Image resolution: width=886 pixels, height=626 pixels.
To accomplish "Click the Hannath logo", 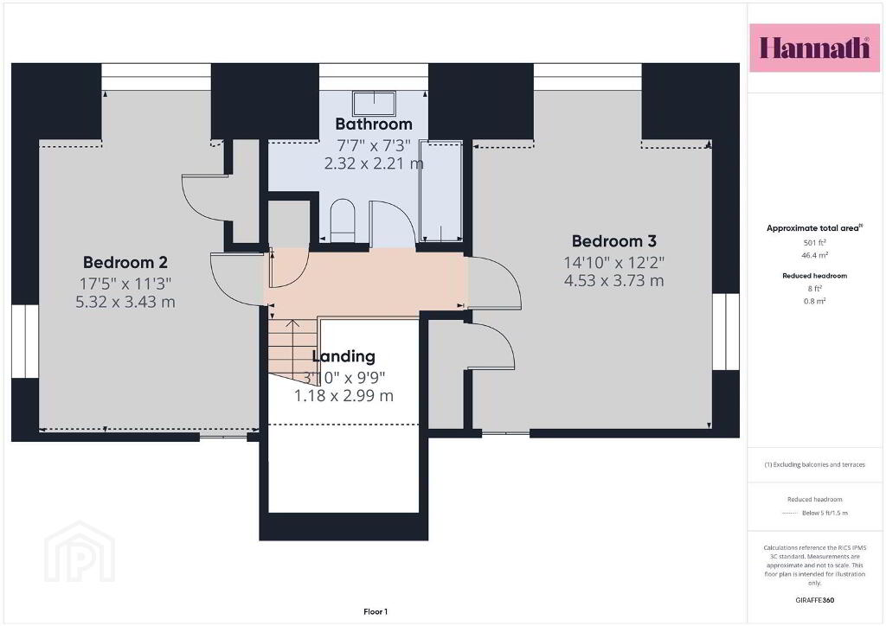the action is coord(814,48).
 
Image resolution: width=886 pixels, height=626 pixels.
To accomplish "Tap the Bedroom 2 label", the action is coord(125,263).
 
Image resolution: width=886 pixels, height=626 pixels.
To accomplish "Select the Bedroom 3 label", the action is coord(614,241).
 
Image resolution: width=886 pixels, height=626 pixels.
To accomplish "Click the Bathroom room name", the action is coord(374,125).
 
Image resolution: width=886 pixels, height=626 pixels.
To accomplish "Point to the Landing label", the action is coord(343,356).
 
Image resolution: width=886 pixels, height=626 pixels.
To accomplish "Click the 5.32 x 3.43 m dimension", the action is coord(125,302).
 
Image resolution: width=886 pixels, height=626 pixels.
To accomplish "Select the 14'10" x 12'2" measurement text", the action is coord(614,263).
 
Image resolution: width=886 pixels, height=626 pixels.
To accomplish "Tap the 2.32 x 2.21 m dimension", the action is coord(374,163).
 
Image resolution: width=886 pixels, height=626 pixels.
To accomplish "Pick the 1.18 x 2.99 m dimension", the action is coord(343,396).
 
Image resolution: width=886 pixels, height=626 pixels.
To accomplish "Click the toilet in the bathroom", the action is coord(342,220).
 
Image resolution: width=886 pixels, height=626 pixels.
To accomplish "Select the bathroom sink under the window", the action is coord(374,103).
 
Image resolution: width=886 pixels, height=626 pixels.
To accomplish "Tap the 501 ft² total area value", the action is coord(815,243).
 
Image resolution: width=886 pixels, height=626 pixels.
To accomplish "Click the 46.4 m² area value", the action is coord(815,255).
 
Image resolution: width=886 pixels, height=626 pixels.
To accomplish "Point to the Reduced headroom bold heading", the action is coord(815,276).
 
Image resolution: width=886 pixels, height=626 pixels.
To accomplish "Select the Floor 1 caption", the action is coord(376,612).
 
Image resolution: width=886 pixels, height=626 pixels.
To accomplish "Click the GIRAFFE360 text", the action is coord(815,600).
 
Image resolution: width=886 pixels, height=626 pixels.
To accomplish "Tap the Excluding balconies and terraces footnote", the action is coord(815,464).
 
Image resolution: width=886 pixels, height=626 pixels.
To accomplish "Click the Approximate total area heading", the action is coord(814,228).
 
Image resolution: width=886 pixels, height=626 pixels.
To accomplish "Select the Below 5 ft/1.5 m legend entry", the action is coord(825,513).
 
